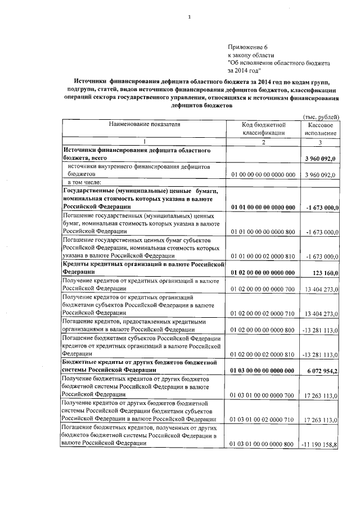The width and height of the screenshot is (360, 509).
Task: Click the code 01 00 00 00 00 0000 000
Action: point(264,175)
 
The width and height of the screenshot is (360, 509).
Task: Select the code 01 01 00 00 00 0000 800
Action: point(264,231)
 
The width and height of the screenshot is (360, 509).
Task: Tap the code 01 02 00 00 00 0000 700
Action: point(264,289)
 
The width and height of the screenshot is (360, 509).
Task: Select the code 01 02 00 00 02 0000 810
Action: point(264,355)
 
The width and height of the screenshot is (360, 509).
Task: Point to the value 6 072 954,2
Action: point(320,371)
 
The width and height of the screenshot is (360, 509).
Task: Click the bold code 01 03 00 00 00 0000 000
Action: point(264,371)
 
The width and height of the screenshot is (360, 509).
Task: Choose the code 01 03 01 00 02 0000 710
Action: point(264,420)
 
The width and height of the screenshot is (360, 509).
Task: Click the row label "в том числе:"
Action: point(84,183)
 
